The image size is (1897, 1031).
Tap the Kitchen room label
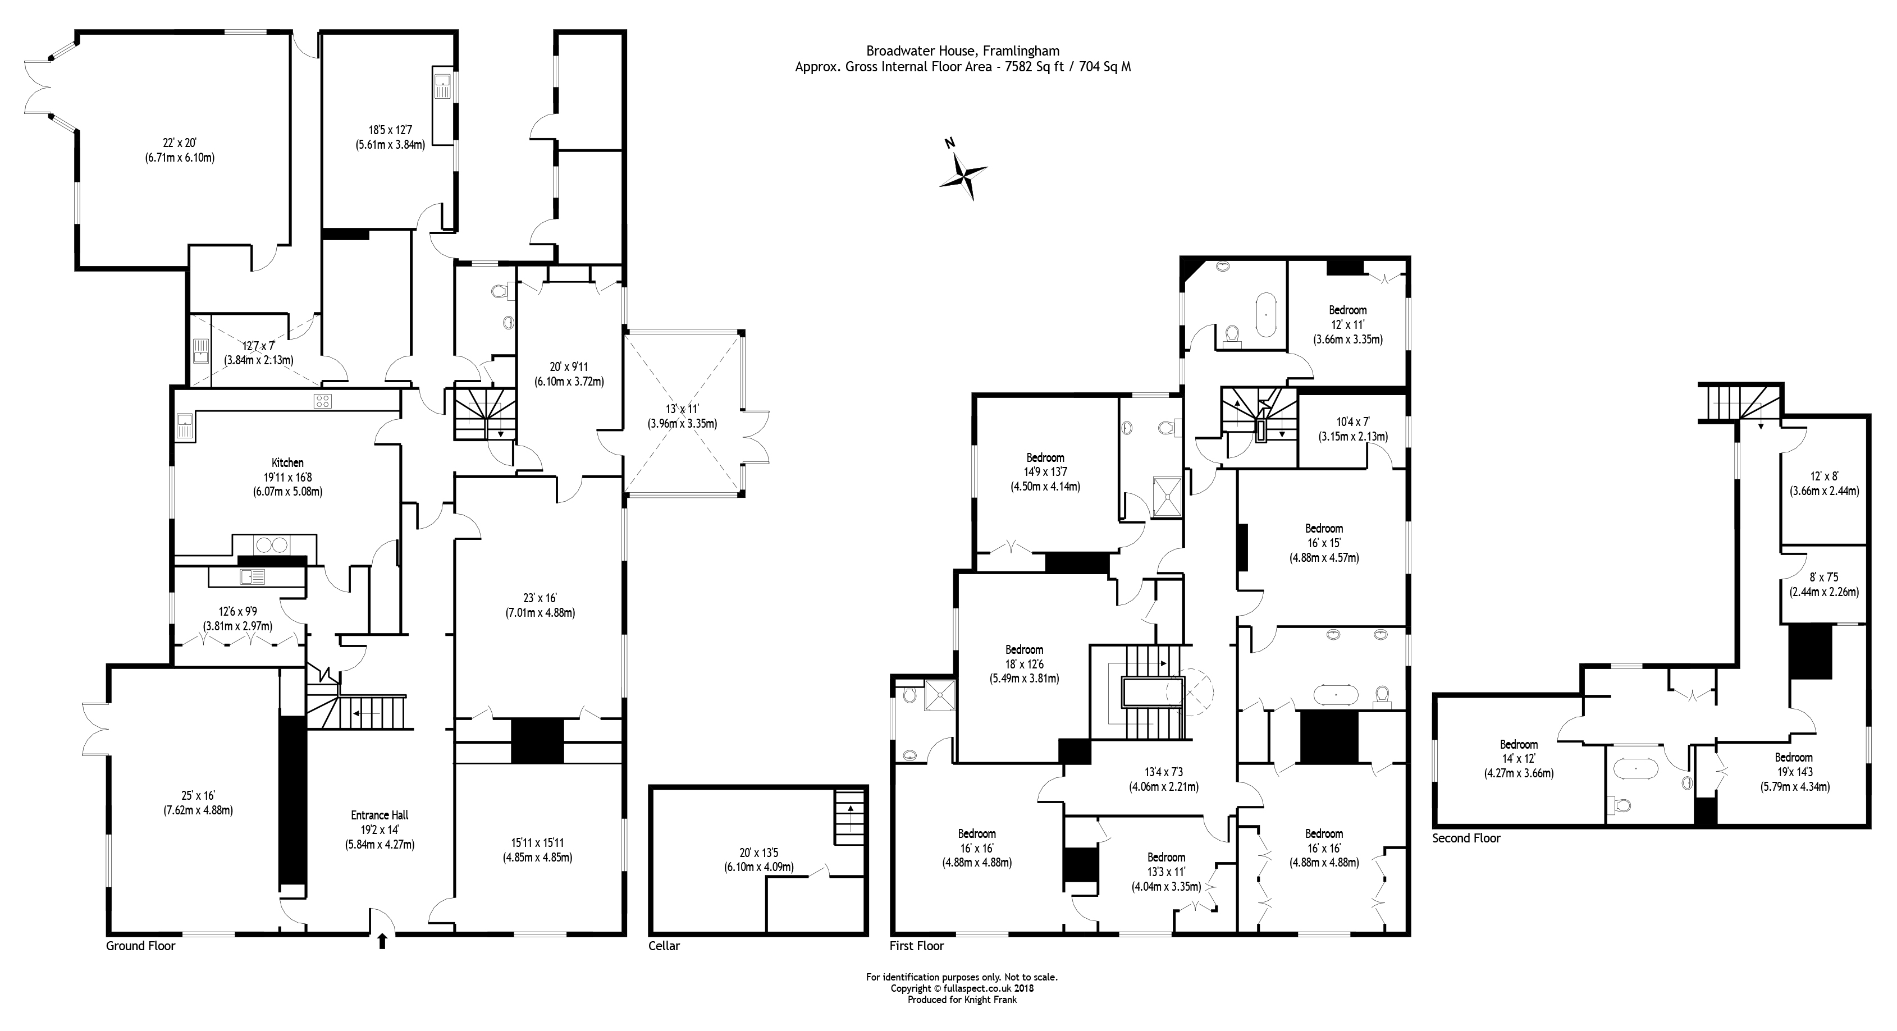tap(287, 462)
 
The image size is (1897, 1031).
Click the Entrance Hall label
tap(380, 815)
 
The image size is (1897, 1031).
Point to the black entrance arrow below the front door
tap(381, 941)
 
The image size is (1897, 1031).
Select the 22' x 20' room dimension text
tap(180, 144)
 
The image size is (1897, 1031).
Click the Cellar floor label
tap(664, 946)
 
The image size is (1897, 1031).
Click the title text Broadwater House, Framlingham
tap(962, 51)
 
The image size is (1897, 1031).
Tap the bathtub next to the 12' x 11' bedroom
tap(1265, 314)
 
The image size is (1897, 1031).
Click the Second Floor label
tap(1465, 838)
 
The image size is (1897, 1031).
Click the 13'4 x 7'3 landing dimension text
tap(1164, 772)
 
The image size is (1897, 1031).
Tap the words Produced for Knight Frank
tap(962, 1000)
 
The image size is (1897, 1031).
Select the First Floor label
tap(917, 946)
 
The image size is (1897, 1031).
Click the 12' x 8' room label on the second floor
tap(1824, 476)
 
